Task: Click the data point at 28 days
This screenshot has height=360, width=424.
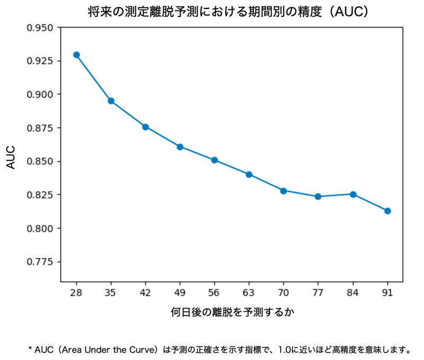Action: click(x=76, y=55)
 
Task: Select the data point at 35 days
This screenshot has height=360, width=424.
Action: click(x=111, y=101)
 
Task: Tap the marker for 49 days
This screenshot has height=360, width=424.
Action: click(x=180, y=147)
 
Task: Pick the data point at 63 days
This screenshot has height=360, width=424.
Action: click(x=249, y=174)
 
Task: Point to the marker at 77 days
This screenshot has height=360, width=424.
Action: click(x=318, y=196)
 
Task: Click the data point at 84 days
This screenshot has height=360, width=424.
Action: click(x=353, y=194)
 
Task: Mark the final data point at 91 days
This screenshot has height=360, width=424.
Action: click(x=387, y=211)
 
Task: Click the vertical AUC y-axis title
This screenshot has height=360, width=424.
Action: click(x=12, y=157)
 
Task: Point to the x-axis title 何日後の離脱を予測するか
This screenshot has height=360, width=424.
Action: click(x=232, y=312)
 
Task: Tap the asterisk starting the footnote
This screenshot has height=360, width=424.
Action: click(x=31, y=349)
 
